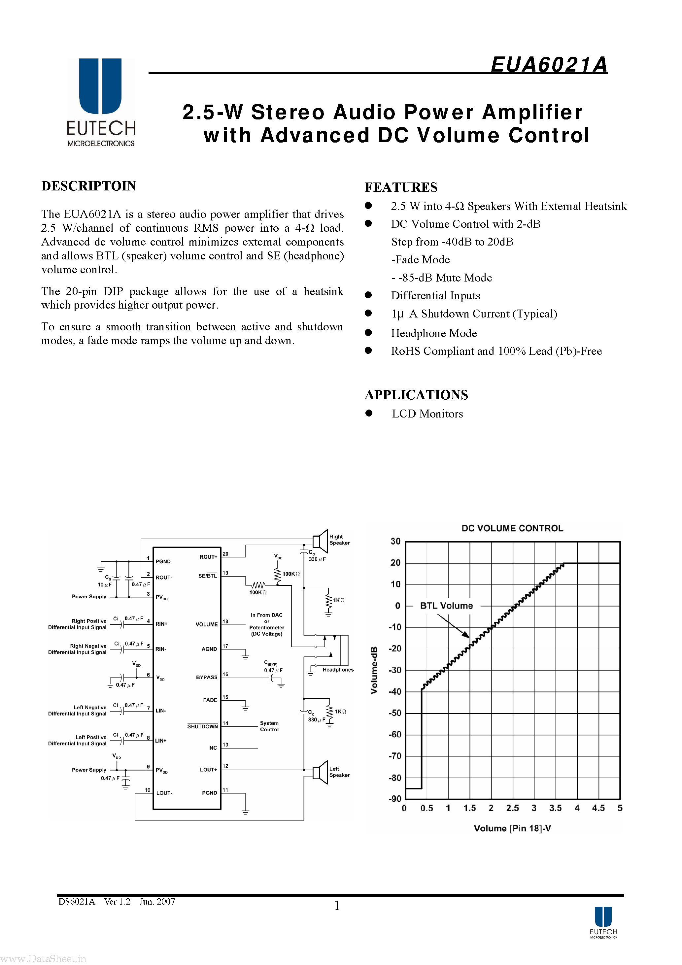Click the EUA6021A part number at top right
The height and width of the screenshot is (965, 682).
point(549,65)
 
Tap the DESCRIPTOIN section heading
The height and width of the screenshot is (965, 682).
point(89,186)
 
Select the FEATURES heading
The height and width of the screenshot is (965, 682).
point(401,187)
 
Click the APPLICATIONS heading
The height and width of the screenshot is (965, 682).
point(416,395)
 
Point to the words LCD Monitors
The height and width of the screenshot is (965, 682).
point(427,414)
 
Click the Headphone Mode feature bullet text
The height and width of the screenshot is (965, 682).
point(433,333)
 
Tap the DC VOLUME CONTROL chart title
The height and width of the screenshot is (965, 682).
point(512,528)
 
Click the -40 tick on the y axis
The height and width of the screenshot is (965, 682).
point(395,691)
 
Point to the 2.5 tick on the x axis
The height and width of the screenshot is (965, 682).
point(512,808)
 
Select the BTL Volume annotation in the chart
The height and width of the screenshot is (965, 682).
point(446,606)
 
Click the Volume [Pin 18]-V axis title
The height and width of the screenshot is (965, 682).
point(512,828)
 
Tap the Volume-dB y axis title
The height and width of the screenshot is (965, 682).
point(374,670)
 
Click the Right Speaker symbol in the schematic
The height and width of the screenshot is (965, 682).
point(321,541)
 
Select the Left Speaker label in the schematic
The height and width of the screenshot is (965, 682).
point(339,772)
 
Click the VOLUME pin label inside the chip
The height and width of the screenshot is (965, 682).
point(206,624)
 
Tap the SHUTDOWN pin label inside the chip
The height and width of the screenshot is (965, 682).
point(202,726)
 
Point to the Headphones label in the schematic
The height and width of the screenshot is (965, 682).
point(338,670)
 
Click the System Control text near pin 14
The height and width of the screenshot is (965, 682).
point(269,726)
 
